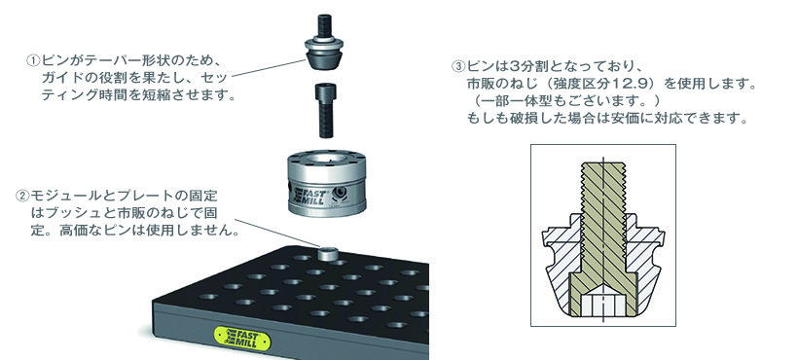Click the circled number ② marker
pyautogui.click(x=22, y=196)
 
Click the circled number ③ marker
pyautogui.click(x=458, y=66)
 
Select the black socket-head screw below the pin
pyautogui.click(x=324, y=110)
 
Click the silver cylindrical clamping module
pyautogui.click(x=326, y=182)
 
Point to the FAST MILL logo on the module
pyautogui.click(x=308, y=198)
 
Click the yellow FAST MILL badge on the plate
pyautogui.click(x=242, y=339)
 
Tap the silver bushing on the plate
pyautogui.click(x=329, y=253)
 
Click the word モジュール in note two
pyautogui.click(x=56, y=196)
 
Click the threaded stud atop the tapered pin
pyautogui.click(x=324, y=25)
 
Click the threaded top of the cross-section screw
pyautogui.click(x=603, y=189)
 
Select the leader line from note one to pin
pyautogui.click(x=269, y=68)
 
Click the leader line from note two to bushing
pyautogui.click(x=276, y=233)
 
